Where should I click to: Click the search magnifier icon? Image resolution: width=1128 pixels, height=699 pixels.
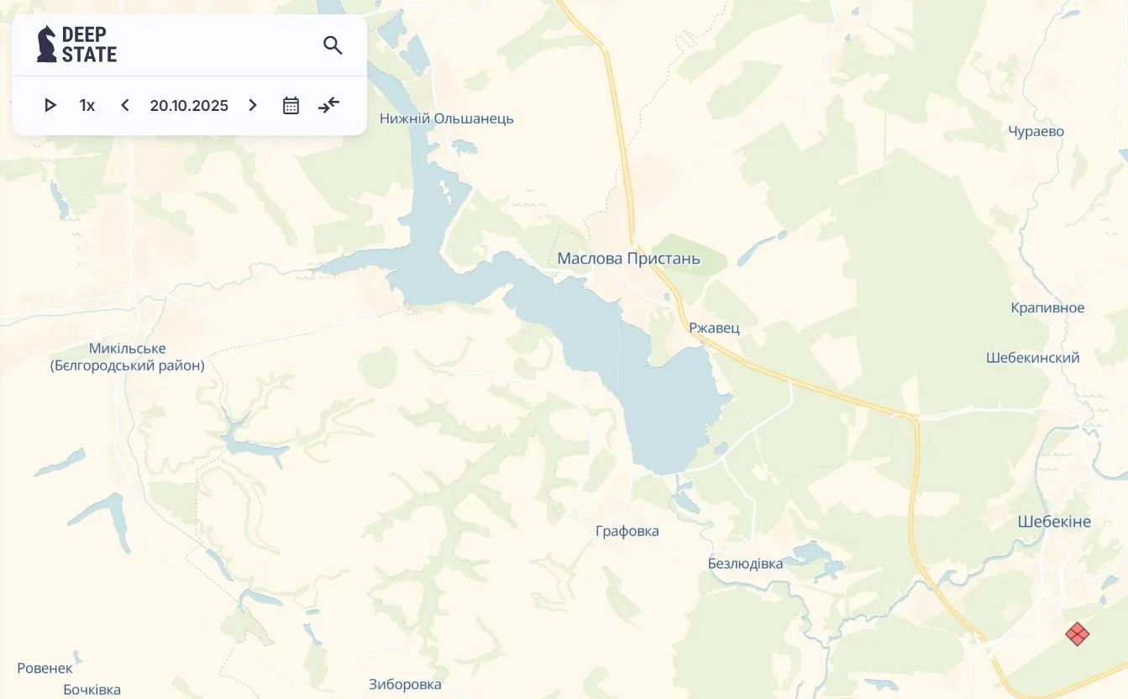click(x=333, y=45)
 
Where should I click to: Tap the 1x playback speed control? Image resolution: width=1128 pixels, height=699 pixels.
click(x=87, y=105)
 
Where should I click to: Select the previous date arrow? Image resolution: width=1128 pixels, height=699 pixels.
click(x=125, y=105)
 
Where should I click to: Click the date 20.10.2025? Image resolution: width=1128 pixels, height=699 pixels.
click(x=189, y=105)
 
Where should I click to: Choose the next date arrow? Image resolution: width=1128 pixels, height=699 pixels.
click(x=253, y=105)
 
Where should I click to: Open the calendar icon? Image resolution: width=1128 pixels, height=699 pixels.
click(x=291, y=105)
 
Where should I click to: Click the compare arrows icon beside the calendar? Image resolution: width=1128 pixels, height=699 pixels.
click(x=329, y=105)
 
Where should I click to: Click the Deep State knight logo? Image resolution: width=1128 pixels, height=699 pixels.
click(x=47, y=44)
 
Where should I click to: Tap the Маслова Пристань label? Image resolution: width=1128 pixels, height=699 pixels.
click(x=628, y=259)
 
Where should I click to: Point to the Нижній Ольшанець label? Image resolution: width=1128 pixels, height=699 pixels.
click(x=446, y=118)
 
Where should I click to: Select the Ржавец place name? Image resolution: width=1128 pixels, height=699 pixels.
click(x=714, y=328)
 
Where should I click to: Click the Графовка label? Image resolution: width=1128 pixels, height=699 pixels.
click(x=627, y=531)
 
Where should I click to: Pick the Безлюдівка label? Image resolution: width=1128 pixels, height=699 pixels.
click(x=745, y=563)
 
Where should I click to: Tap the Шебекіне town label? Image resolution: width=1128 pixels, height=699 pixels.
click(x=1054, y=522)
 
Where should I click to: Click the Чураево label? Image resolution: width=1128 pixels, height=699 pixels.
click(x=1036, y=131)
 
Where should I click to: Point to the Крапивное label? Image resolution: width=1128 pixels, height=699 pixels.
click(x=1047, y=307)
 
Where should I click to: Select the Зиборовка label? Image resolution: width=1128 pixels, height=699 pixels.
click(x=405, y=685)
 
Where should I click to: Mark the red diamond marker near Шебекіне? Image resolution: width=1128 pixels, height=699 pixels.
click(x=1078, y=634)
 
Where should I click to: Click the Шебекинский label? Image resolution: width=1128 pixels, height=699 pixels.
click(x=1032, y=358)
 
